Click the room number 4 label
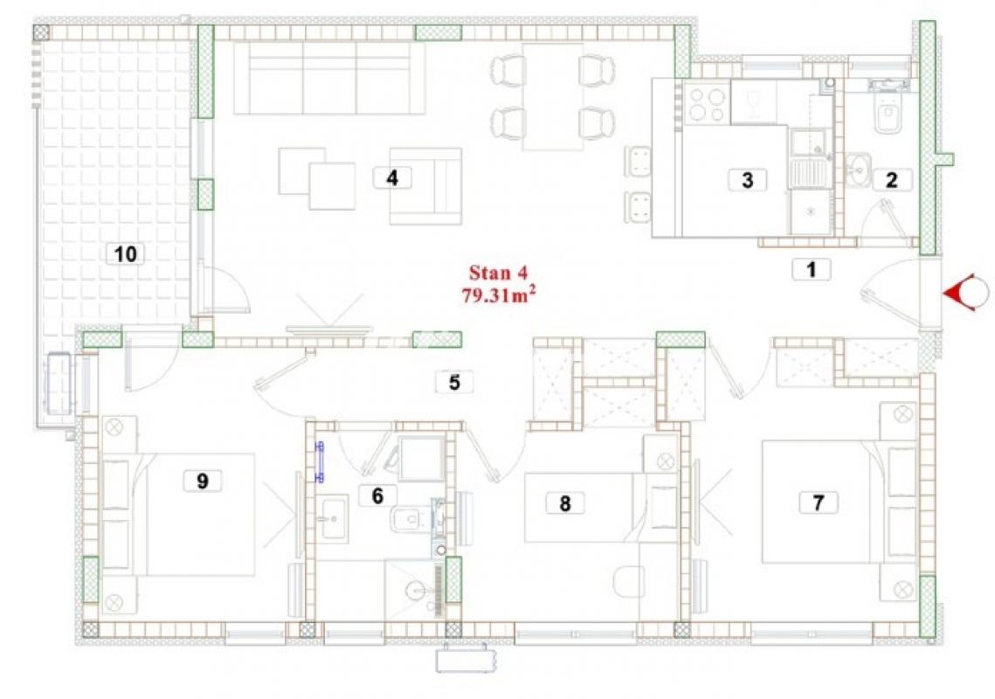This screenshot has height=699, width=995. (392, 177)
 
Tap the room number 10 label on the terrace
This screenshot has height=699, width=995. (125, 254)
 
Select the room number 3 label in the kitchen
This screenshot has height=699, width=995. (747, 180)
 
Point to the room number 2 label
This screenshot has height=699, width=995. (892, 180)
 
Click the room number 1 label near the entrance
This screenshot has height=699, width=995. (811, 269)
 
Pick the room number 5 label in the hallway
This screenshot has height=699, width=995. (454, 382)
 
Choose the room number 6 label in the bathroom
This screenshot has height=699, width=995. (377, 495)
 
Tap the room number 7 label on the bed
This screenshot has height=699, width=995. (818, 502)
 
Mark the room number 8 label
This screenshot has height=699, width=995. (564, 503)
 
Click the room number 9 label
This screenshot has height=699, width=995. (203, 481)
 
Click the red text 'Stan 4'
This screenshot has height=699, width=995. (498, 273)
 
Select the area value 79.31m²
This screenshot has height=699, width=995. (498, 294)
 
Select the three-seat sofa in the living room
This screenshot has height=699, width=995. (328, 78)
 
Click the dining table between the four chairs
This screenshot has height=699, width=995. (553, 96)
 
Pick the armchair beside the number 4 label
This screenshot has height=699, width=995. (425, 186)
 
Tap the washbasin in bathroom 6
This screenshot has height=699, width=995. (333, 519)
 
